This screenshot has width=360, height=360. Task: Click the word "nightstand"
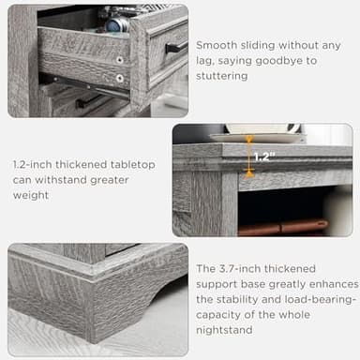(226, 328)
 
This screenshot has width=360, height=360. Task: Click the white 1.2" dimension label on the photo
(263, 157)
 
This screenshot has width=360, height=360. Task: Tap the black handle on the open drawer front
(175, 47)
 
